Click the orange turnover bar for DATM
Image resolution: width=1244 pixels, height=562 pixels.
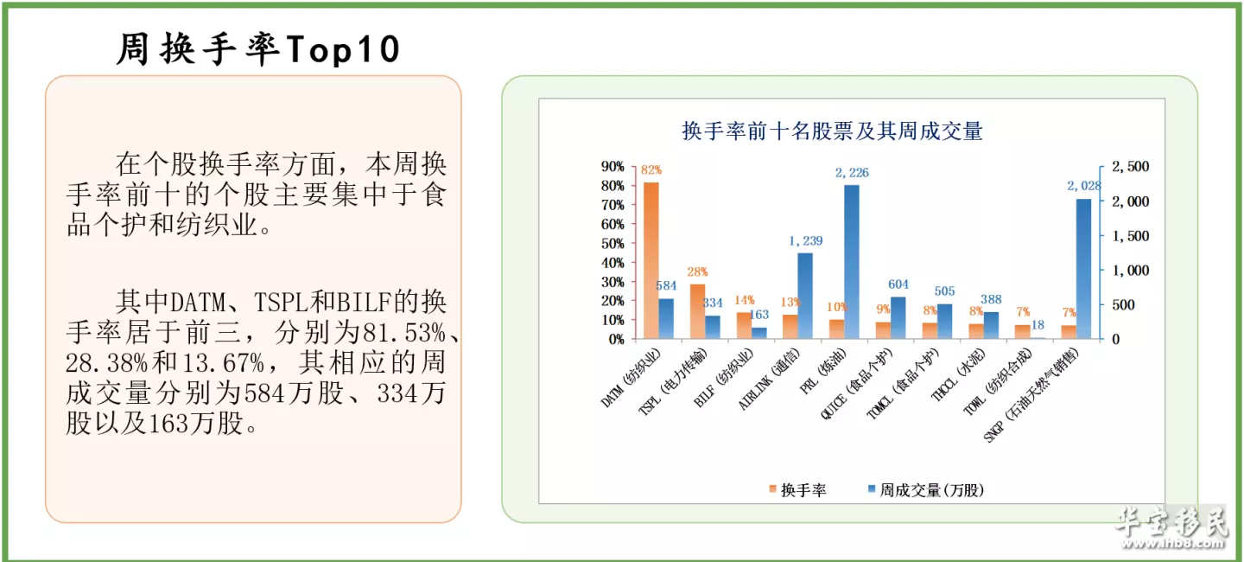point(651,260)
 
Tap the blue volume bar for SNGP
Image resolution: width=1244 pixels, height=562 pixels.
point(1083,269)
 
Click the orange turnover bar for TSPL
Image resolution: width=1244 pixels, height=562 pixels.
point(697,311)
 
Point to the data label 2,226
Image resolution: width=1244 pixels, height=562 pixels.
point(852,173)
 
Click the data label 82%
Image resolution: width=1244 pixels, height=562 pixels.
point(651,170)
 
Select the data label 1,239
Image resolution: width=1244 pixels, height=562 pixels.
point(805,241)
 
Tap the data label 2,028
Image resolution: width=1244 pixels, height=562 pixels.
point(1084,186)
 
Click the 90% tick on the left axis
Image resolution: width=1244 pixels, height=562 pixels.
point(612,167)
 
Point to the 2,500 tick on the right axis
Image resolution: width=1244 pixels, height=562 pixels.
point(1127,167)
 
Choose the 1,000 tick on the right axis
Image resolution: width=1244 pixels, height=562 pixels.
point(1127,271)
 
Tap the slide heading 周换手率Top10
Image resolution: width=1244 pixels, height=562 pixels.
point(258,50)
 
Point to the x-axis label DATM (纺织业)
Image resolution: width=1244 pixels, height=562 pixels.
point(632,380)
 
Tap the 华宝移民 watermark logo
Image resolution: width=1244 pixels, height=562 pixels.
point(1171,526)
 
